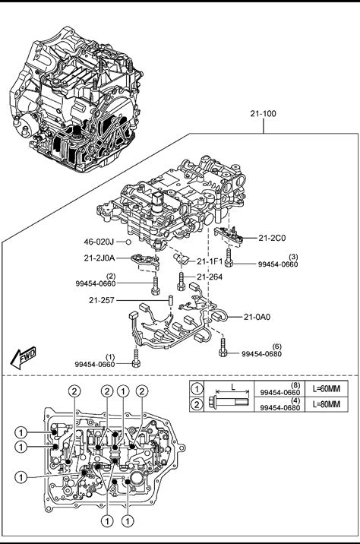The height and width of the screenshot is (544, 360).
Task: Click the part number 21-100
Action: pos(264,113)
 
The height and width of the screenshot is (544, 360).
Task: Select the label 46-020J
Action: pos(99,242)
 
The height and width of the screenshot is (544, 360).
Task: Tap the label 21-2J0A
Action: pos(99,258)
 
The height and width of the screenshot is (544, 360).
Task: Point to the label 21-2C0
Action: pos(272,238)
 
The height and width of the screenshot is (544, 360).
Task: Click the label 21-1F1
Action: pos(210,261)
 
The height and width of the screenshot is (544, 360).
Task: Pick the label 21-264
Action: pos(210,277)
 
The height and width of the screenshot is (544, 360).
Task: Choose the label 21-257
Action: pos(102,300)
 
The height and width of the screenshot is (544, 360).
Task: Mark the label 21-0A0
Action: pos(257,317)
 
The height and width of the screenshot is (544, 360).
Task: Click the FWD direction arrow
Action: pos(24,358)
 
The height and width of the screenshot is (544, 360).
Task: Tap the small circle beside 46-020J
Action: pos(128,242)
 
